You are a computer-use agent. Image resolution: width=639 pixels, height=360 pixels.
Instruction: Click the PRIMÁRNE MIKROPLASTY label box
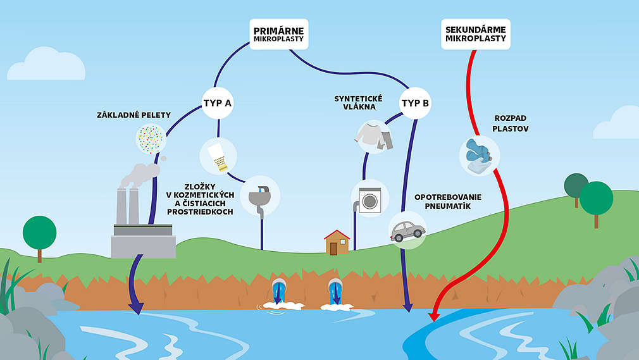pos(278,34)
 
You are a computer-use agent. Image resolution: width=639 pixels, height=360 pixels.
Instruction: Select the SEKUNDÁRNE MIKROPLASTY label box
pos(475,34)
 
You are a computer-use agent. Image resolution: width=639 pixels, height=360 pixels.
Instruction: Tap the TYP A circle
pos(217,101)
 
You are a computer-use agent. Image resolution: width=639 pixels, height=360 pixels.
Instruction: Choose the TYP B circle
pos(416,101)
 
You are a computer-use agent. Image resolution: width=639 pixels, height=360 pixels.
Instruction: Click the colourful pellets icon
pos(151,138)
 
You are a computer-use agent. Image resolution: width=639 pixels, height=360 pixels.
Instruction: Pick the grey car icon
pos(406,230)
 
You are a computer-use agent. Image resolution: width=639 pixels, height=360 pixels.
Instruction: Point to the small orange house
pos(337,242)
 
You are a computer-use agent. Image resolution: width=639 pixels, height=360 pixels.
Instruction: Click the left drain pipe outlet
pos(278,292)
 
